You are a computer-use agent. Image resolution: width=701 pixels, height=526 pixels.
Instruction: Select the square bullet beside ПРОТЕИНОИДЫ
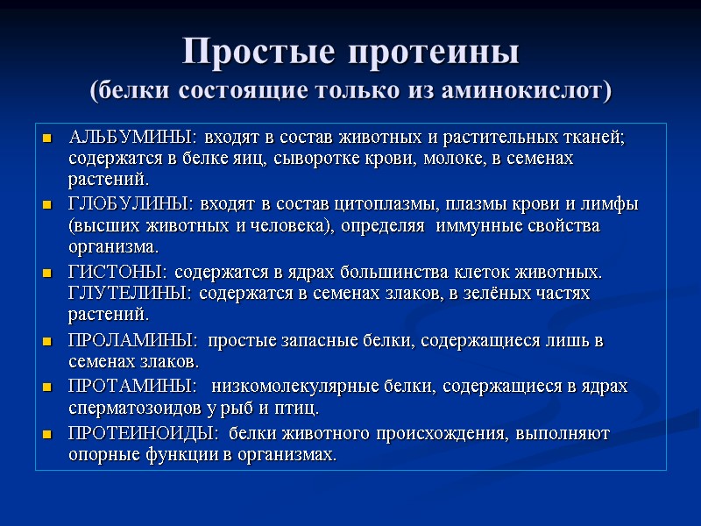47,435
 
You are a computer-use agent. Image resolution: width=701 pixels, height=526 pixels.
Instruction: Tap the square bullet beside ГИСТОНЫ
47,272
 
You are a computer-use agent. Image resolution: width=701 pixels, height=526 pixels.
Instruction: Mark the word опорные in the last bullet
102,455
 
